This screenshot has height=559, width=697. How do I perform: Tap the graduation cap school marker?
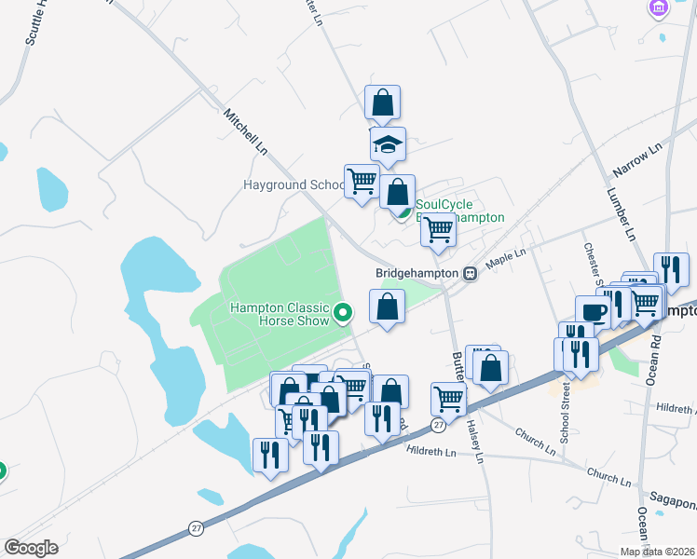tap(388, 145)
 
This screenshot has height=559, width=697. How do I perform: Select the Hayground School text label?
tap(294, 185)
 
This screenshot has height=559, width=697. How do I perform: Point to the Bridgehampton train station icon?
tap(471, 273)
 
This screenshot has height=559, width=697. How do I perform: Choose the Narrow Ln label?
tap(637, 161)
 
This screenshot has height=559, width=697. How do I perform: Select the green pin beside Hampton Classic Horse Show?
tap(343, 313)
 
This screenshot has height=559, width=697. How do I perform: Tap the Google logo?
tap(31, 547)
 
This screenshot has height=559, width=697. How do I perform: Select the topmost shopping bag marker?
tap(382, 102)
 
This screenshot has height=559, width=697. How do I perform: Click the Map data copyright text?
tap(657, 551)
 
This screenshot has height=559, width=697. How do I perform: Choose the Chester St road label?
tap(591, 262)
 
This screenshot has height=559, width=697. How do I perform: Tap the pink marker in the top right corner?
tap(659, 7)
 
